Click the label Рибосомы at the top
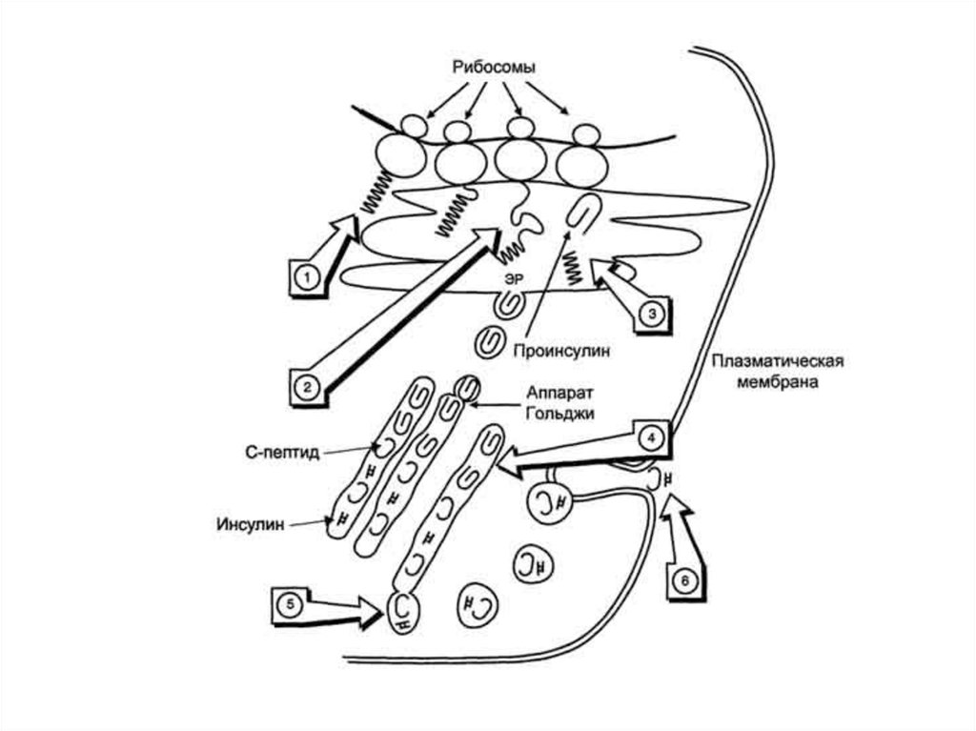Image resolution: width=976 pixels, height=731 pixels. coord(493,68)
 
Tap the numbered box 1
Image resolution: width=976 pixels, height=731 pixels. coord(306,277)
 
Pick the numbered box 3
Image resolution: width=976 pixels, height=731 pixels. coord(650,313)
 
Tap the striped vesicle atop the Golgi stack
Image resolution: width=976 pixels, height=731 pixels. coord(466,387)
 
